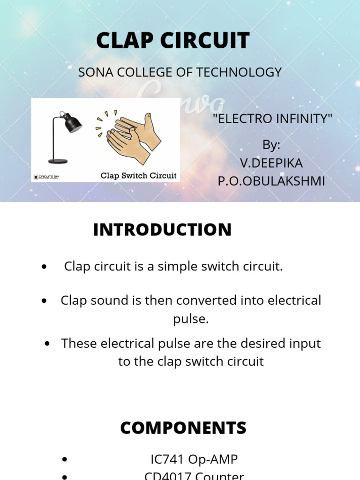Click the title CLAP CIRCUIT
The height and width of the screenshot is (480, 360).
172,41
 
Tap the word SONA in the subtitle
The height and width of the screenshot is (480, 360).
93,73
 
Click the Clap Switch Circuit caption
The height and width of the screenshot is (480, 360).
139,176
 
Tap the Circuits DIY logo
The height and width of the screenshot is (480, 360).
46,177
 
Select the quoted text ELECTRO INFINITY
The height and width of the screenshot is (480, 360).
272,119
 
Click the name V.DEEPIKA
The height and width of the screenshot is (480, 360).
271,163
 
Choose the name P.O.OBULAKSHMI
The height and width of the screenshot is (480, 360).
271,181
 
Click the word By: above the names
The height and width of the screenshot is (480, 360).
271,145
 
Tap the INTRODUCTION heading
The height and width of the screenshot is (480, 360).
162,230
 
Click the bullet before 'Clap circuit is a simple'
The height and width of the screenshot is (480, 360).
44,267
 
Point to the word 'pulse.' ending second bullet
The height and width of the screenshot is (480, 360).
191,319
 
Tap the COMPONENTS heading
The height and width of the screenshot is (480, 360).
183,428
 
